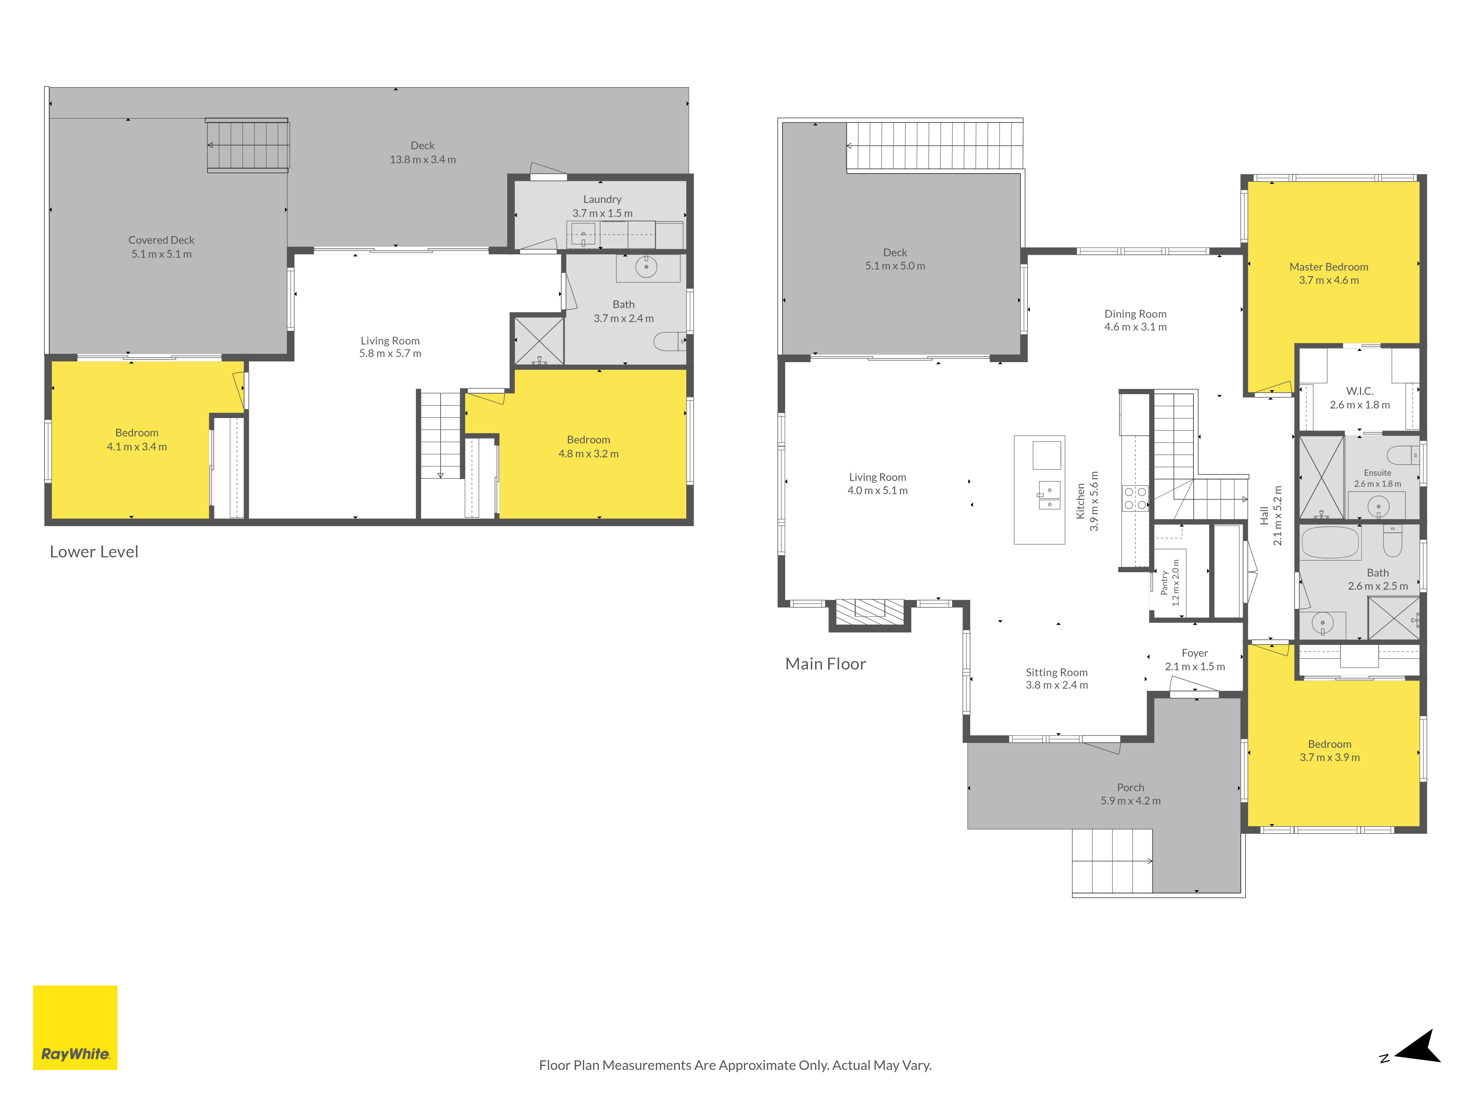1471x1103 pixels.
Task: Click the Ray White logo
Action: (x=75, y=1027)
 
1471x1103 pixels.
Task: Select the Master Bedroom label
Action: (x=1329, y=267)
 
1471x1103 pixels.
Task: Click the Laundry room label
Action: (x=602, y=199)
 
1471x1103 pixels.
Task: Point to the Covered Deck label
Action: (x=161, y=240)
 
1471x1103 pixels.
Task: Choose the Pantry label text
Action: (x=1164, y=582)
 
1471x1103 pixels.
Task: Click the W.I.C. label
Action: (x=1360, y=391)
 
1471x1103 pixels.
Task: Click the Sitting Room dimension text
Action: (x=1057, y=685)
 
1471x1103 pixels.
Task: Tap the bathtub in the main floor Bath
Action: (x=1330, y=543)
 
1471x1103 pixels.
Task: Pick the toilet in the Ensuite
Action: (x=1403, y=455)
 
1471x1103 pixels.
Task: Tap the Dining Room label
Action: (x=1135, y=314)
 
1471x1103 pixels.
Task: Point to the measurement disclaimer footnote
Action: (x=735, y=1065)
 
